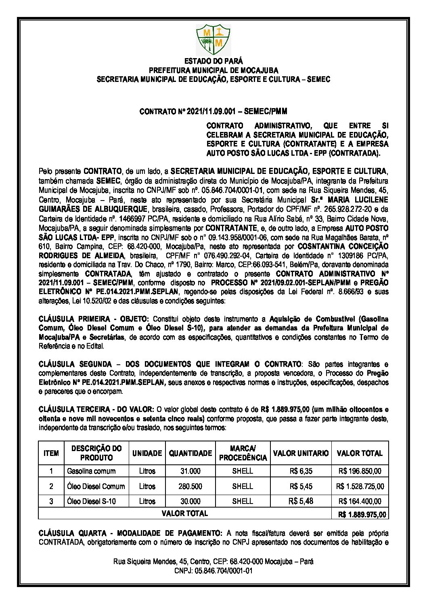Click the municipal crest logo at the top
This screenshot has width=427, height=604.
[213, 40]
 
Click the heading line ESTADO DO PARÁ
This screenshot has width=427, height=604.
[213, 62]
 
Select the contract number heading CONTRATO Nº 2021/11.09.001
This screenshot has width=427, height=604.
[213, 111]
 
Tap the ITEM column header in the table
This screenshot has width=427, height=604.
[51, 453]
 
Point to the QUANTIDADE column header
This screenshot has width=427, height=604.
[190, 453]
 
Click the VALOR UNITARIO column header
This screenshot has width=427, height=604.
[301, 453]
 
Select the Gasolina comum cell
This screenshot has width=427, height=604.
[91, 471]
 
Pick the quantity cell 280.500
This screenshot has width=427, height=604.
[190, 486]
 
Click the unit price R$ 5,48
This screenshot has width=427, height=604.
[301, 501]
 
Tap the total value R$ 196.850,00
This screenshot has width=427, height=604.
[360, 471]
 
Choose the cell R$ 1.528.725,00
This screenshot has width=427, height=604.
[360, 486]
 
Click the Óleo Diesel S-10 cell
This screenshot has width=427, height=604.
[92, 501]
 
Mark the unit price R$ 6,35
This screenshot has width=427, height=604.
[301, 471]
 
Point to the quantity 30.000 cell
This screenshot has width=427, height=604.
[190, 501]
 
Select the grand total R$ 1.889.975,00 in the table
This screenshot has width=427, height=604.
[360, 514]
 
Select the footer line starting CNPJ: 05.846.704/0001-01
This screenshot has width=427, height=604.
[213, 571]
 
